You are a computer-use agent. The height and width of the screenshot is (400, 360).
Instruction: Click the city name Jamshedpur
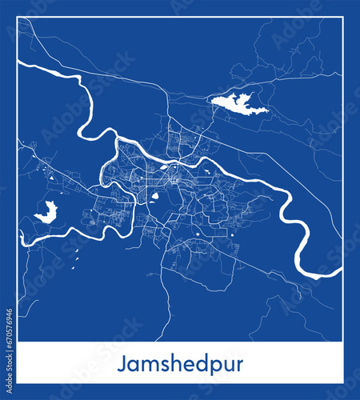coord(180,363)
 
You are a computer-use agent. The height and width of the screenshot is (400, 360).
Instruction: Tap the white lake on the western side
coord(46,213)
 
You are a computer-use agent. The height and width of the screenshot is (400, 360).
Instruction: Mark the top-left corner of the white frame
coord(18,18)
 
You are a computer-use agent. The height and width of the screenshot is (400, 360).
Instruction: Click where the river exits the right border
coord(340,276)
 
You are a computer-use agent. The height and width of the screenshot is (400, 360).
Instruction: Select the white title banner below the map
coord(180,363)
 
